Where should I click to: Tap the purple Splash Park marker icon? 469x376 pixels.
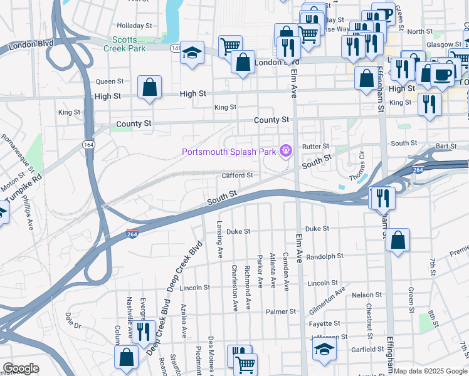coord(286,150)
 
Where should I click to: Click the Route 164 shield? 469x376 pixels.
coord(92,145)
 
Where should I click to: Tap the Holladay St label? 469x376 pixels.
coord(135,26)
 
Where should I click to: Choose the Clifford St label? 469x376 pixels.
coord(237,175)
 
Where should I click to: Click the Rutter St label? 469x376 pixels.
coord(315,146)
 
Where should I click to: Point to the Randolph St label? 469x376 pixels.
coord(325,256)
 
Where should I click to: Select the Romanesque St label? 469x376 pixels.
coord(18,153)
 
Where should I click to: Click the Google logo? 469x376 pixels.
coord(21,368)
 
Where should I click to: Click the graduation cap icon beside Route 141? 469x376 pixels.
coord(193,53)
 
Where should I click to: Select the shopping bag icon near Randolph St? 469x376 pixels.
coord(398,240)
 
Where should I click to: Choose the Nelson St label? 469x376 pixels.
coord(362,295)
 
